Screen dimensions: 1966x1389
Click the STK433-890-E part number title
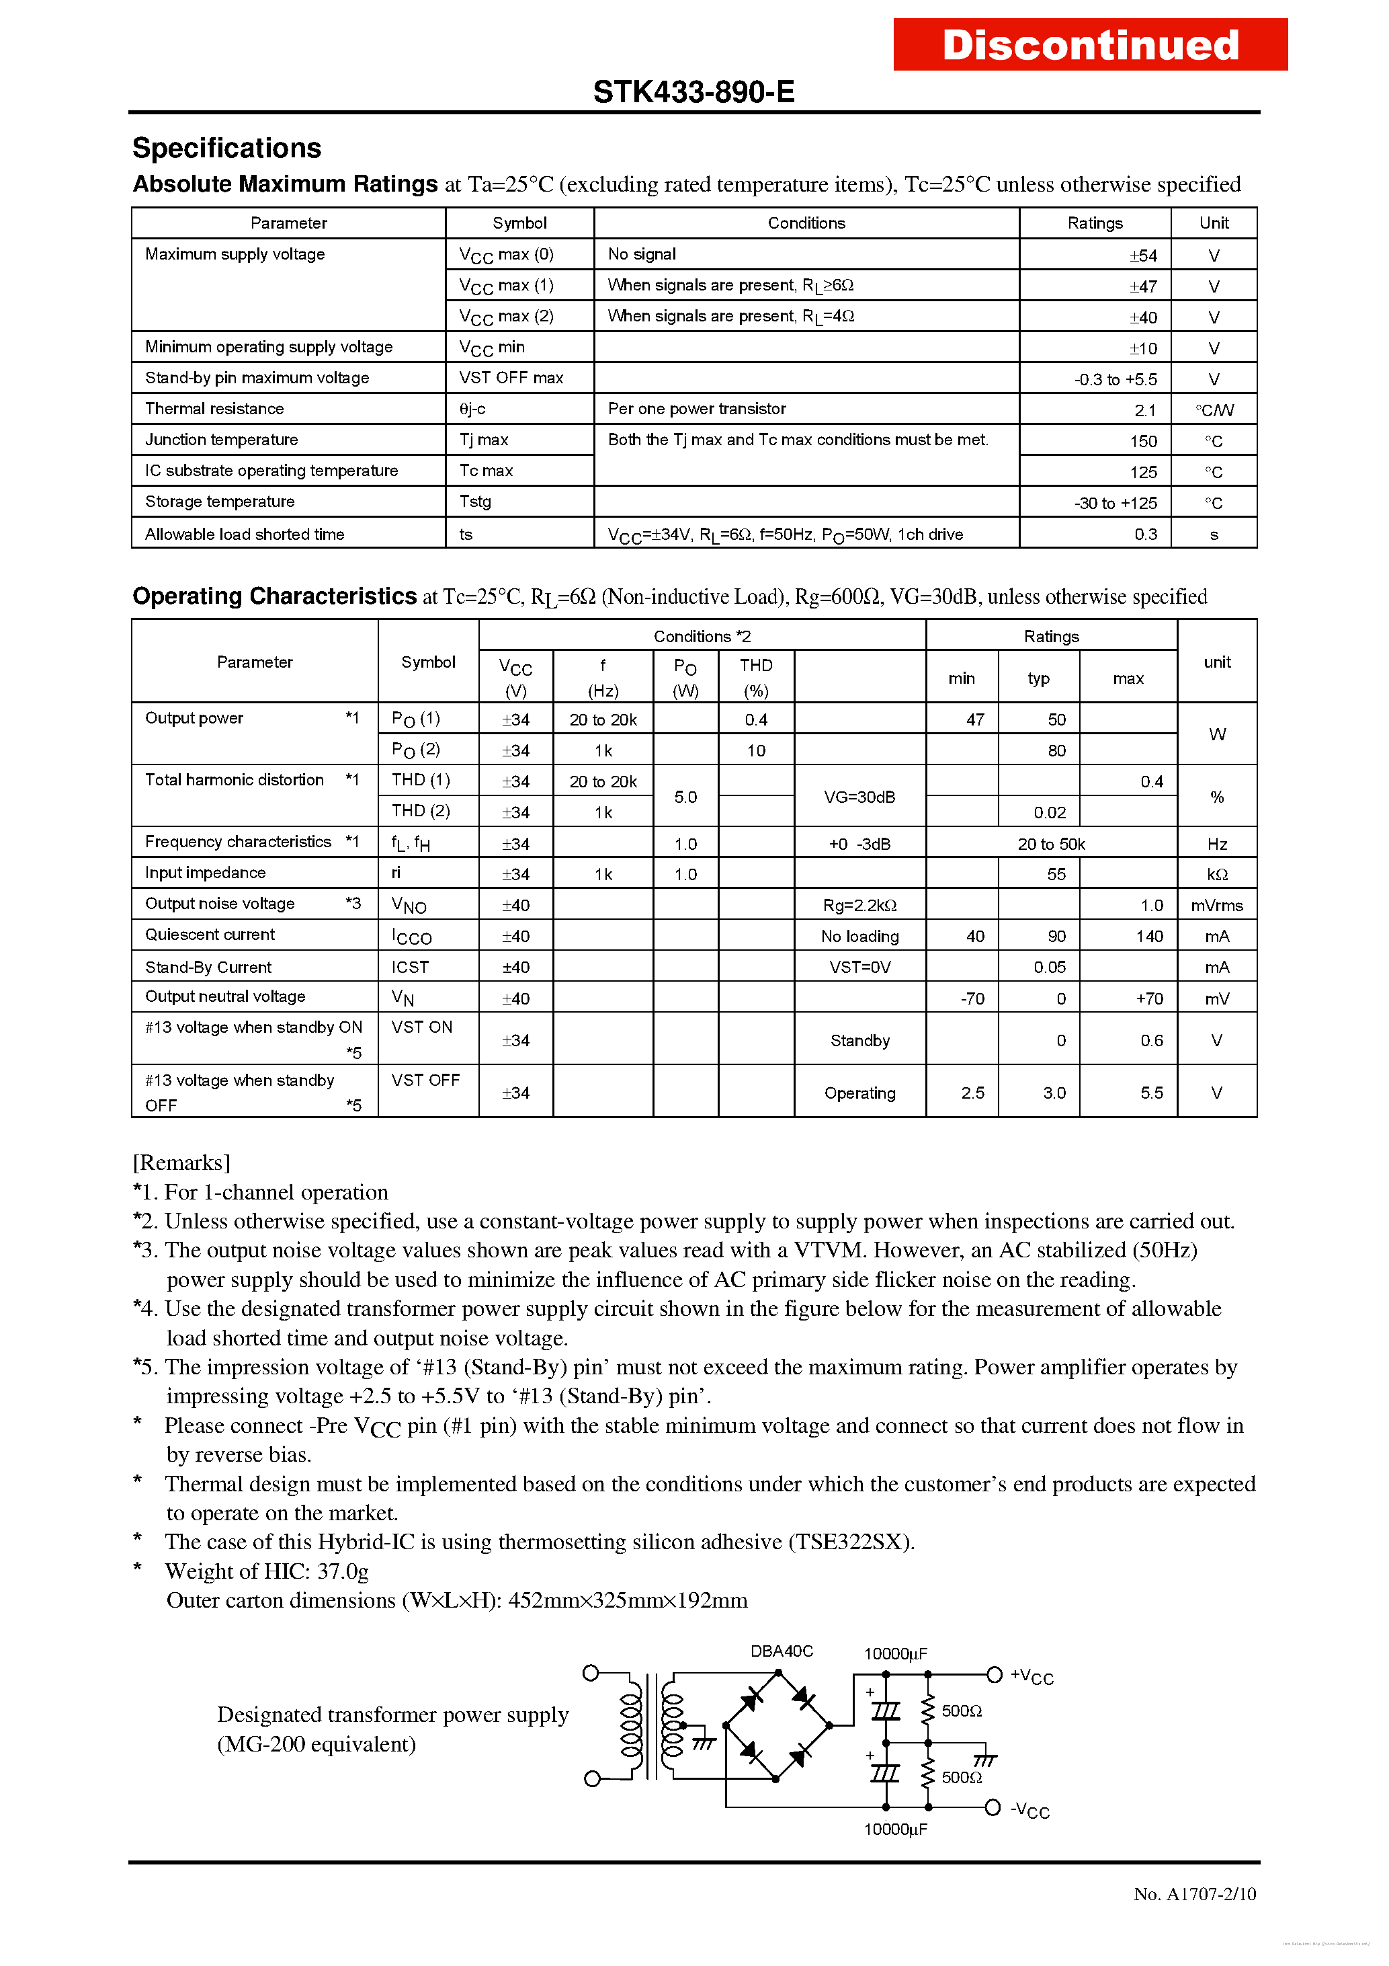click(693, 91)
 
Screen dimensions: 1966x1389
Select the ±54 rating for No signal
click(1142, 255)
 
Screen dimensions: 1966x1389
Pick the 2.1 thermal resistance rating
click(1145, 410)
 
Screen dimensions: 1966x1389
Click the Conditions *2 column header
click(702, 636)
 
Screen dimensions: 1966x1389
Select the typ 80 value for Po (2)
click(1056, 751)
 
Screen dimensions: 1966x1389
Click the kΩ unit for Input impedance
click(1216, 874)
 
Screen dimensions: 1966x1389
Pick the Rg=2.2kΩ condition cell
click(859, 905)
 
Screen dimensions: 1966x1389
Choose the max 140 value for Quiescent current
click(1148, 937)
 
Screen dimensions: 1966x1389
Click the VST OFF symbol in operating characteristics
click(425, 1080)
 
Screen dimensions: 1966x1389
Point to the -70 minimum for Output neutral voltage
click(972, 999)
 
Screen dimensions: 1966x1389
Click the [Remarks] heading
click(181, 1162)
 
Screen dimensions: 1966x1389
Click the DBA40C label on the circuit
click(782, 1651)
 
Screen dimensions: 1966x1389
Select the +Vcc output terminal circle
click(995, 1675)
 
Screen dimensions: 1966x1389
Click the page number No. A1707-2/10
click(1194, 1894)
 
